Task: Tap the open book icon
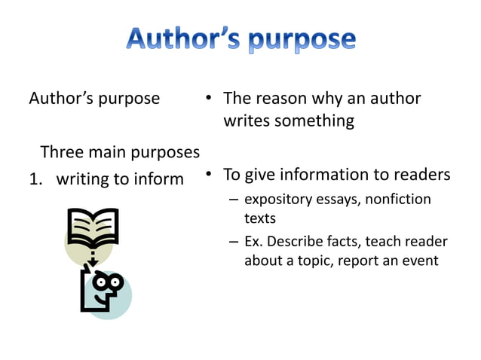tap(91, 227)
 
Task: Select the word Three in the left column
tap(63, 152)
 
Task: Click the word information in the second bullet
tap(338, 175)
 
